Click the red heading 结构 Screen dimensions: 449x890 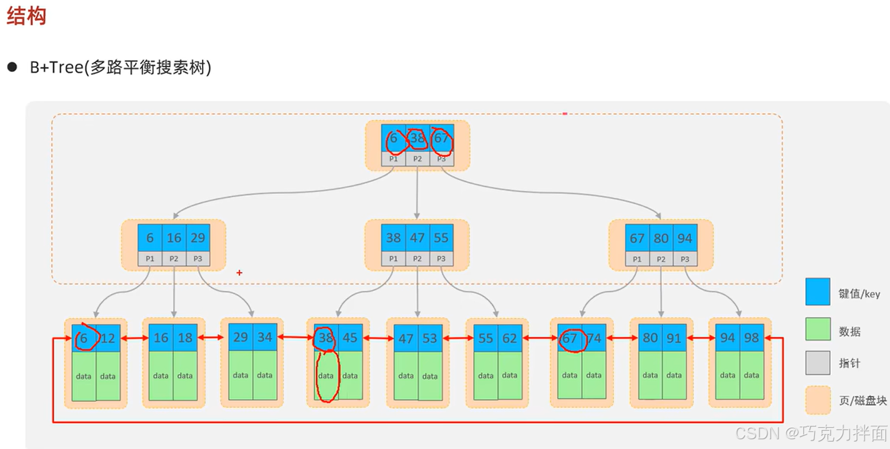pos(26,17)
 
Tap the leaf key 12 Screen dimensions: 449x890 pos(108,338)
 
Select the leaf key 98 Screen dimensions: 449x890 pos(752,338)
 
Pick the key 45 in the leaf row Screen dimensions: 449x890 pos(350,338)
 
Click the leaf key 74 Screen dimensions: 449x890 pos(594,338)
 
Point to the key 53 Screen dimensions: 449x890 pos(430,338)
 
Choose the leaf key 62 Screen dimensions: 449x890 pos(510,338)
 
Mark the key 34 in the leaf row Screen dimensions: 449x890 pos(265,337)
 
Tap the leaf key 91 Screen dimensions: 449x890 pos(674,338)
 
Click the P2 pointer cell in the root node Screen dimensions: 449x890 pos(417,159)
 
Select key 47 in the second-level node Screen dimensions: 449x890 pos(417,238)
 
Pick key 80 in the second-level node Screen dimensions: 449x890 pos(661,238)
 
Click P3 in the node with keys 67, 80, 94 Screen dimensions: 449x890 pos(685,259)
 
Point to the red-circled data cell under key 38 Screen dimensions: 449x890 pos(326,376)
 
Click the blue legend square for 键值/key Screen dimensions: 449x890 pos(818,292)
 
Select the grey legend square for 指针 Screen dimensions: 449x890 pos(818,363)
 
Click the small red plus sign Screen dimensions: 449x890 pos(239,273)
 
